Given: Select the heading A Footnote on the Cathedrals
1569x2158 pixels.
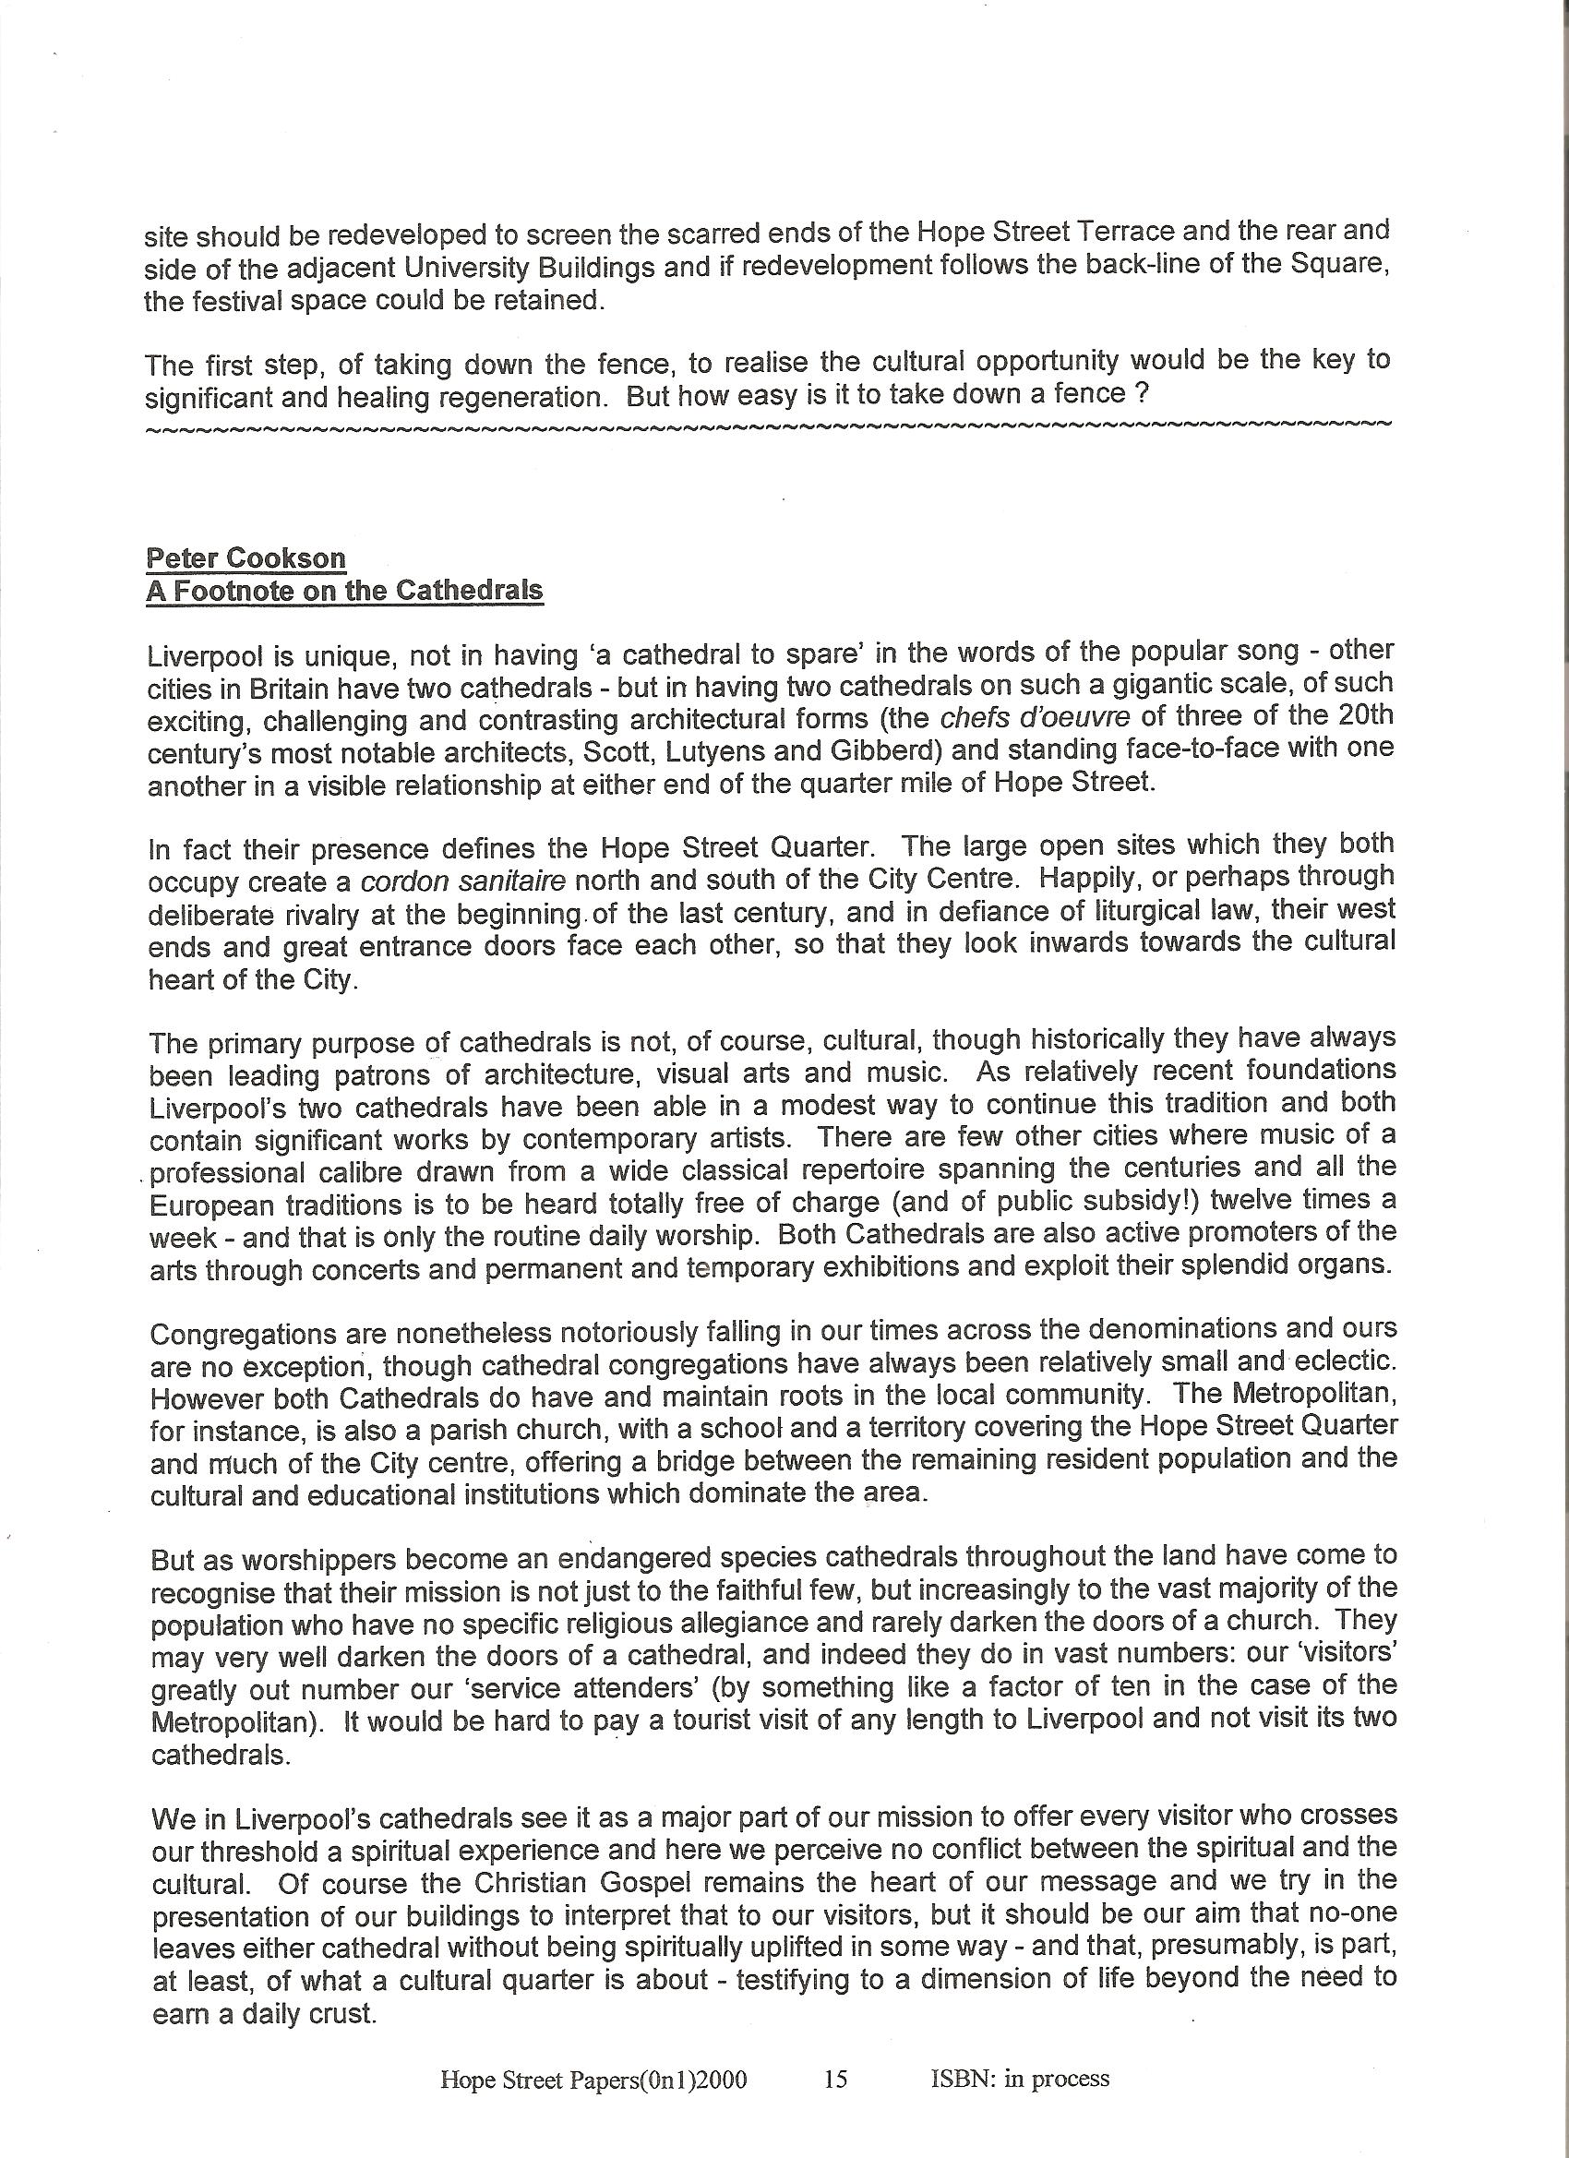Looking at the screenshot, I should [x=344, y=590].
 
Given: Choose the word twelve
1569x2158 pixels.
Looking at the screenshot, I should [x=1253, y=1200].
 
